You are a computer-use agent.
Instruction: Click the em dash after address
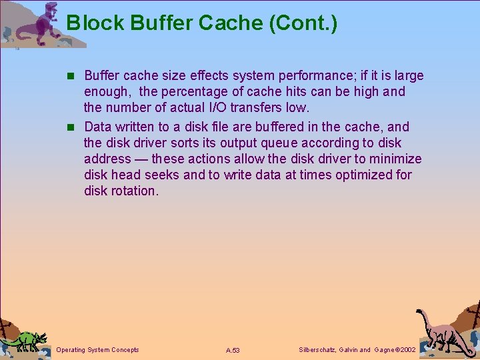[141, 159]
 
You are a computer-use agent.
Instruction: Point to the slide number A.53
[233, 350]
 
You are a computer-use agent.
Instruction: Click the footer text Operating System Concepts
[97, 349]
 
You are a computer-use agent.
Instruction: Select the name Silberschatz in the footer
[317, 349]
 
